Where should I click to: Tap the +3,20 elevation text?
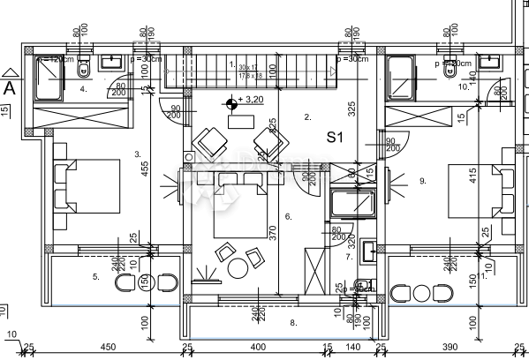(x=253, y=101)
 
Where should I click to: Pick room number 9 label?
(x=423, y=181)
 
